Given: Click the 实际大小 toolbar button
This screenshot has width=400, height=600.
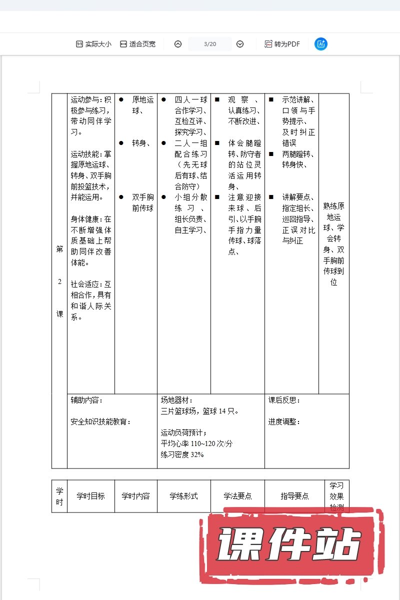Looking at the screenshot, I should [93, 44].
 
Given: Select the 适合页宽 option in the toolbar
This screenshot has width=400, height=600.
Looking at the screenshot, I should [137, 44].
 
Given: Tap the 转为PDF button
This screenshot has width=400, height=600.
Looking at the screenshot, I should [282, 44].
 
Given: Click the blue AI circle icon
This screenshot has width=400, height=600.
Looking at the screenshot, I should [321, 44].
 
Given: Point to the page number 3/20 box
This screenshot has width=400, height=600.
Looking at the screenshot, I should [210, 44].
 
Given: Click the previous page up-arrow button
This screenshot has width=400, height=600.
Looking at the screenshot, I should [178, 44].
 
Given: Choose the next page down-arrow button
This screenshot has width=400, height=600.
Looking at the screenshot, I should [240, 44].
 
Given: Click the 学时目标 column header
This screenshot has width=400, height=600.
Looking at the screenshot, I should [90, 496].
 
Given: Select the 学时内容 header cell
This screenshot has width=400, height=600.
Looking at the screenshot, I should [135, 496].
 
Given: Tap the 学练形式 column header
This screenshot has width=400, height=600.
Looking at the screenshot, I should [183, 496].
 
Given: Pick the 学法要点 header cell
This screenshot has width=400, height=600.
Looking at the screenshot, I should [237, 496].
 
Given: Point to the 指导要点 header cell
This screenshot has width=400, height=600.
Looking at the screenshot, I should [294, 496].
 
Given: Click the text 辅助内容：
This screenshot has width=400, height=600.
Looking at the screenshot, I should [86, 400].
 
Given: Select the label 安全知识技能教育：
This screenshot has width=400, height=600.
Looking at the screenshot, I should [100, 422].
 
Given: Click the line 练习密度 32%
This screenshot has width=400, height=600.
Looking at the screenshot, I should [182, 454].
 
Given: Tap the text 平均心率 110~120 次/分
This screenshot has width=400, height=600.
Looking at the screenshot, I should [196, 443].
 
